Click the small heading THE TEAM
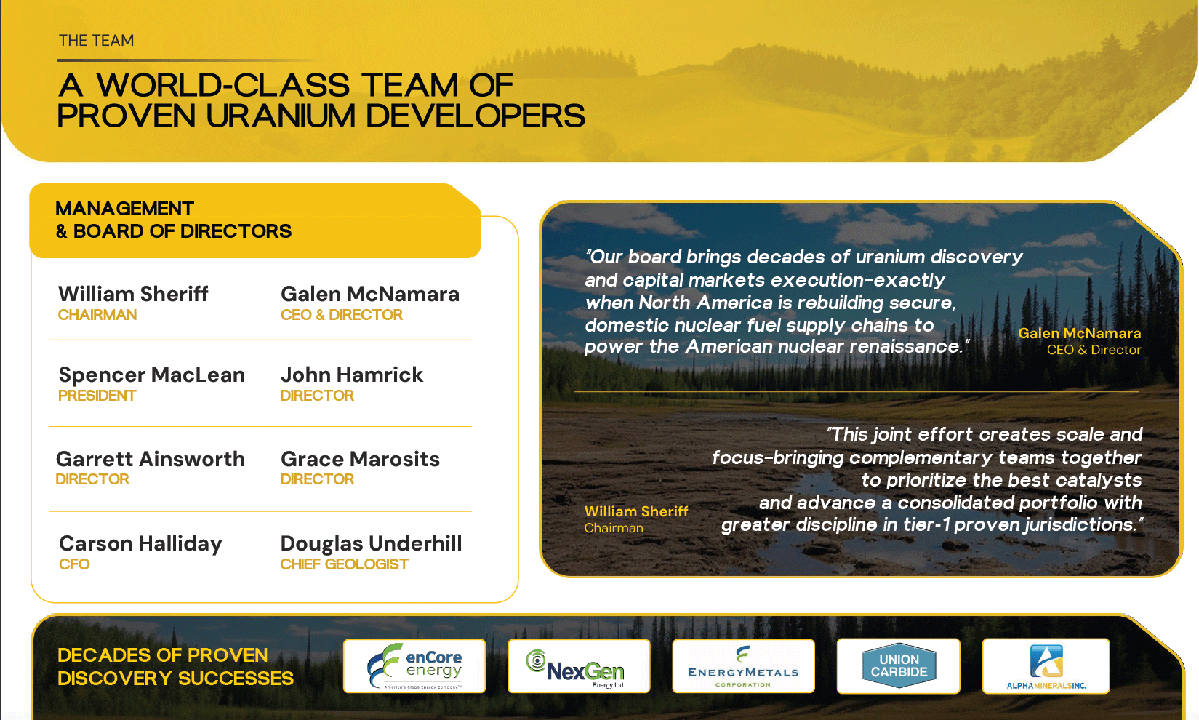(x=97, y=41)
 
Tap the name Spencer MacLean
(x=151, y=375)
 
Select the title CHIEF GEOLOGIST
(x=344, y=564)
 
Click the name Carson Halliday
(x=140, y=544)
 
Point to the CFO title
(x=74, y=564)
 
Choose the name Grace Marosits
(x=360, y=459)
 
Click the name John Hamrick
(x=352, y=375)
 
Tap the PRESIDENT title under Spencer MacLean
(x=97, y=396)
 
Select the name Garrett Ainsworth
(x=151, y=459)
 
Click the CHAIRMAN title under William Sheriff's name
(x=97, y=315)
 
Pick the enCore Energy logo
(x=414, y=666)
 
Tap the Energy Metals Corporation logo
(x=743, y=666)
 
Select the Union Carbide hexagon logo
(x=899, y=665)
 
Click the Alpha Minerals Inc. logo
(x=1046, y=666)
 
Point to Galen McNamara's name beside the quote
(x=1080, y=334)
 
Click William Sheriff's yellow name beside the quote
(x=636, y=511)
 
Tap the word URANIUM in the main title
(x=281, y=116)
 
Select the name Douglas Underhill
(x=371, y=543)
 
